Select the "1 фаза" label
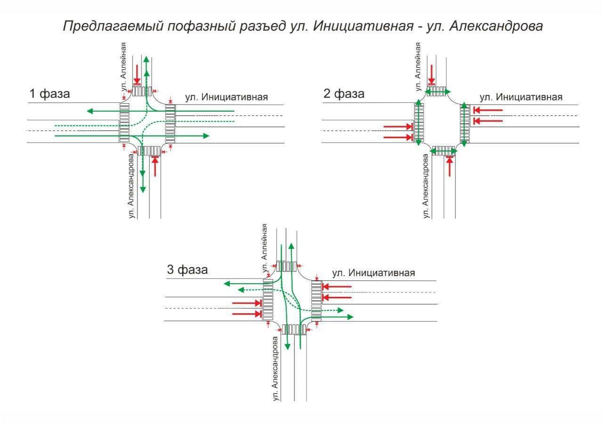pos(49,94)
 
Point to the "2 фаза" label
pos(344,94)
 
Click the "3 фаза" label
pos(187,270)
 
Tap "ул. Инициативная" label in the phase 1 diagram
pos(227,98)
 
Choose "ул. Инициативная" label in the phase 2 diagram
pos(521,98)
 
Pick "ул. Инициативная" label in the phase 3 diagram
pos(374,273)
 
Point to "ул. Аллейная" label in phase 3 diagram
pos(265,248)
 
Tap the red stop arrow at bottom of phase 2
pos(450,166)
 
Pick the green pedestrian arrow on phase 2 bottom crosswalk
pos(444,151)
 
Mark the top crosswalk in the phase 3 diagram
pos(285,266)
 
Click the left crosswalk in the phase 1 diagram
pos(124,123)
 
